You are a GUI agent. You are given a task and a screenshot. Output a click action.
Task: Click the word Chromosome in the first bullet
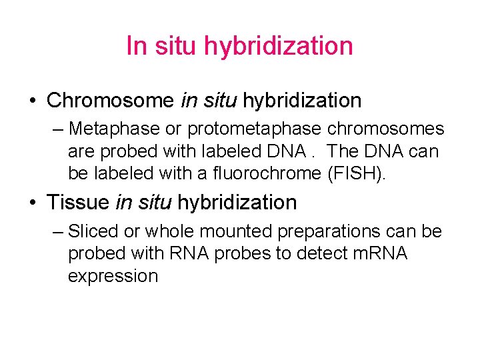[x=110, y=101]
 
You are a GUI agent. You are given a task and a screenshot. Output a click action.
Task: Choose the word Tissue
[x=79, y=202]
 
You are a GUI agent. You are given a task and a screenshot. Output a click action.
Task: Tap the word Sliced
[x=93, y=231]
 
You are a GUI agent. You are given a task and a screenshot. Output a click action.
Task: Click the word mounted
[x=237, y=231]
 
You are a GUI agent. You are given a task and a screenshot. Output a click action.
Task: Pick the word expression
[x=113, y=276]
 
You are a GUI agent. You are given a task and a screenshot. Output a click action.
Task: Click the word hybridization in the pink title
[x=278, y=46]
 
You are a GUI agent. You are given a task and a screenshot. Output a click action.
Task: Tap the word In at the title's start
[x=136, y=46]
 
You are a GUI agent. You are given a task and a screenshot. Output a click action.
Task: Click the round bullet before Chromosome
[x=33, y=101]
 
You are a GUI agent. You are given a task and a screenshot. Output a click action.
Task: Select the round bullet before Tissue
[x=33, y=203]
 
